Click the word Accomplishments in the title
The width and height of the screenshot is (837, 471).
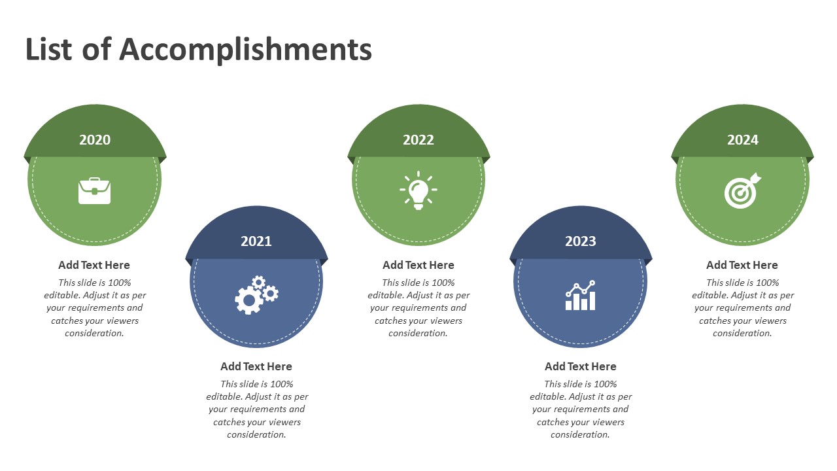tap(245, 50)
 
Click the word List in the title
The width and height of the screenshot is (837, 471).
tap(48, 48)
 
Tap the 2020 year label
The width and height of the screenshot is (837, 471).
tap(95, 140)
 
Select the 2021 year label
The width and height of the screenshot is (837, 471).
tap(256, 241)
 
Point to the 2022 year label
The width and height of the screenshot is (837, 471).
tap(418, 140)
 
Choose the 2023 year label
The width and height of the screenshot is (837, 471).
tap(580, 241)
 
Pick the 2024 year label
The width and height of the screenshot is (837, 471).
tap(742, 140)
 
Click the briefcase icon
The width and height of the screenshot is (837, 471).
tap(95, 191)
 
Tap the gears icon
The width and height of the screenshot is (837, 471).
tap(257, 295)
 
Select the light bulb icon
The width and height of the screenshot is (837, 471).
tap(418, 190)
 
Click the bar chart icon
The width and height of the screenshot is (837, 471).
tap(580, 295)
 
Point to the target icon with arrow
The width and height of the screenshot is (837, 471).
tap(742, 190)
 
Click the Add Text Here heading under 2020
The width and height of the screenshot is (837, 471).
tap(94, 265)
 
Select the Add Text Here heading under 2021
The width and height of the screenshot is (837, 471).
tap(256, 366)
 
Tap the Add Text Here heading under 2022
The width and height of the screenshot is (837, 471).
tap(418, 265)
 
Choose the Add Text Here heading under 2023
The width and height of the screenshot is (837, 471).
tap(581, 366)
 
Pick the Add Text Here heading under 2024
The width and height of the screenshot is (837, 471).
tap(742, 265)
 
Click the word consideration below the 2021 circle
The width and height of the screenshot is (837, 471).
tap(256, 435)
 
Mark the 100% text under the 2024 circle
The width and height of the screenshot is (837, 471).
tap(768, 283)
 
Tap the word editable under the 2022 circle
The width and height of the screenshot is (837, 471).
tap(385, 295)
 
